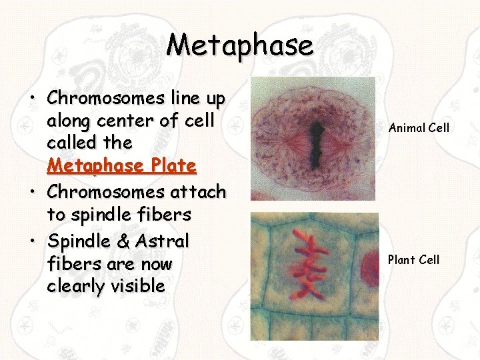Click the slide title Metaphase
[239, 45]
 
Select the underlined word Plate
[172, 165]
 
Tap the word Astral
[164, 240]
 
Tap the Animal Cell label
[419, 127]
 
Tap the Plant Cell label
[413, 259]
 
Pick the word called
[71, 143]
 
